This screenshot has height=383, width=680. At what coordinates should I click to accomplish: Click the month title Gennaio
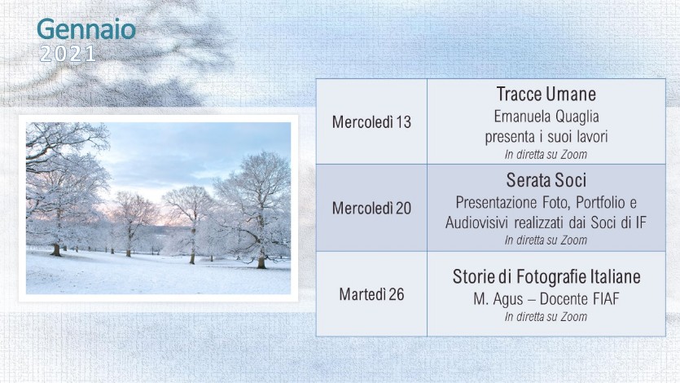(x=86, y=30)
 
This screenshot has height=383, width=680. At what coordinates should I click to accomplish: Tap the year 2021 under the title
(x=68, y=55)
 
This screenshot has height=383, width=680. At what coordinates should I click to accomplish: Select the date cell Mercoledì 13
(x=371, y=122)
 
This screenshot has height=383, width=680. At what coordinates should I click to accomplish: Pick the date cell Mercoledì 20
(x=371, y=208)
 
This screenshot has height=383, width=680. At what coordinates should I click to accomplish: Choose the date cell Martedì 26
(x=371, y=294)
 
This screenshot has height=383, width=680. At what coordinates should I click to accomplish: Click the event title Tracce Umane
(x=546, y=95)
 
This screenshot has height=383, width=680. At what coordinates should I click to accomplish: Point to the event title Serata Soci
(x=546, y=180)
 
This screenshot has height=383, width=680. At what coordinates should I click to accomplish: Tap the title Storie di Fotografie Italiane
(x=546, y=276)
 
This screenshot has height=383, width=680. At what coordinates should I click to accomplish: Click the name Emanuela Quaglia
(x=546, y=117)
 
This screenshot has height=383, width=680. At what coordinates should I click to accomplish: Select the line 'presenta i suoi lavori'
(x=546, y=137)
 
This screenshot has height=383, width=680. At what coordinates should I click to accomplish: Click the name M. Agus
(x=498, y=299)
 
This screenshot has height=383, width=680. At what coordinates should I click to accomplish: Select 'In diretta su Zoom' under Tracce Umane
(x=546, y=154)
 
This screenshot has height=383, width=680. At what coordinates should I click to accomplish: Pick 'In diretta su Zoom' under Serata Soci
(x=546, y=240)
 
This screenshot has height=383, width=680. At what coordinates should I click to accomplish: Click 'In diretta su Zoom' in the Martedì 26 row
(x=546, y=317)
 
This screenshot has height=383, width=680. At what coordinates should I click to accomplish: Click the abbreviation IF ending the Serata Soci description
(x=641, y=222)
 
